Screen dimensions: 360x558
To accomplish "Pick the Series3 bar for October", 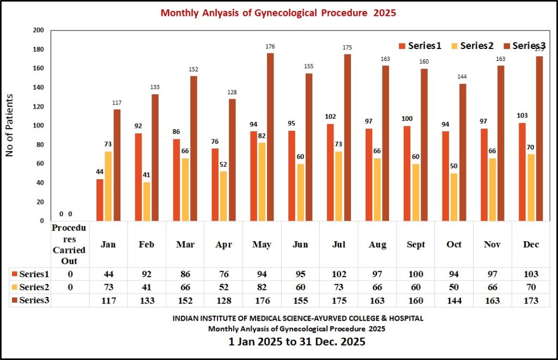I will click(x=463, y=152).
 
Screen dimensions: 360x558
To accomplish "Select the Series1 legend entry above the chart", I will click(x=420, y=46).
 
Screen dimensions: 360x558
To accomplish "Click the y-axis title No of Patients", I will click(x=9, y=125).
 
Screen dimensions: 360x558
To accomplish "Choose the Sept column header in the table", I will click(x=416, y=245).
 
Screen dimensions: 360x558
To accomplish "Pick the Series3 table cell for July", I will click(x=339, y=301).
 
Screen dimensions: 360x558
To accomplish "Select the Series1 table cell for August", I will click(x=377, y=274).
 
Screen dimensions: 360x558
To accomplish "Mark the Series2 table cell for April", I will click(x=223, y=288).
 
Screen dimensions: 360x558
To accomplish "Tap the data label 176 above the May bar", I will click(x=270, y=47).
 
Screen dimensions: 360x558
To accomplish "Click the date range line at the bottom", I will click(x=296, y=343).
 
